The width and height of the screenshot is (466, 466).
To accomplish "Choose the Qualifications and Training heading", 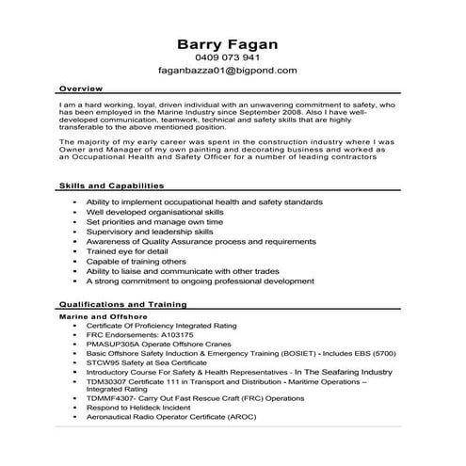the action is [x=122, y=305].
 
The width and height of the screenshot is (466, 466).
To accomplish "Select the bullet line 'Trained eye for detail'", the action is [x=128, y=251].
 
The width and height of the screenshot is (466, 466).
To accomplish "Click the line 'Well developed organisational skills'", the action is [x=154, y=214].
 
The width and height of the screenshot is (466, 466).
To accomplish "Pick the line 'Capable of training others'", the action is [x=137, y=262].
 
